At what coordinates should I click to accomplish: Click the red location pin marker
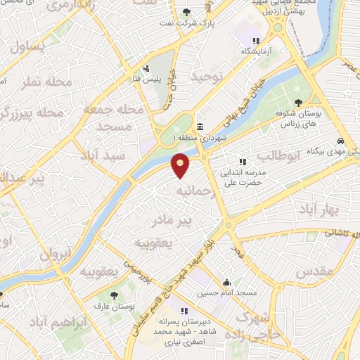pos(181,166)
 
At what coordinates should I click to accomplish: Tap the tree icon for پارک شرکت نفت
pos(186,12)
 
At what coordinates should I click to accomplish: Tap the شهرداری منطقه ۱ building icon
pos(200,127)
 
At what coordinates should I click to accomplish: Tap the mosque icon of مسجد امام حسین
pos(226,278)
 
